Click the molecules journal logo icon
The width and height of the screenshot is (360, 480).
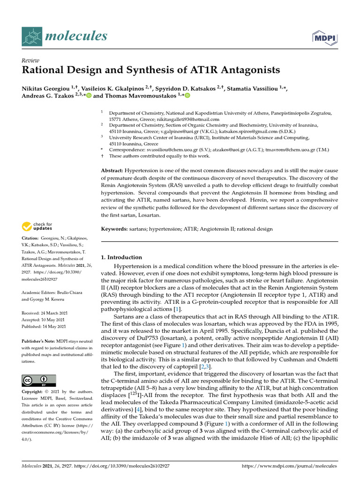32,36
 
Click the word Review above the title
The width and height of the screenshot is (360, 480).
30,61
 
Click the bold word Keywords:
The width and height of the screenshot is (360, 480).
115,229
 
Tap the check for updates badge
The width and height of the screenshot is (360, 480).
37,227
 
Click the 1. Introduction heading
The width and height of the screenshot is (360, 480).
121,257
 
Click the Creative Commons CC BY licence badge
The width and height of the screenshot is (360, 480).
39,380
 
